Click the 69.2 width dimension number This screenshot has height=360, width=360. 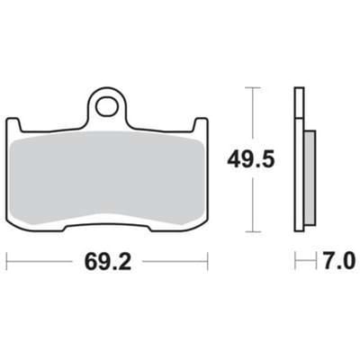(x=108, y=262)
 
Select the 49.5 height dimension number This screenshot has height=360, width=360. (x=251, y=159)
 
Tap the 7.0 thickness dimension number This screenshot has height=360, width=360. (x=339, y=262)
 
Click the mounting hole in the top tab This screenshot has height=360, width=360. (x=107, y=106)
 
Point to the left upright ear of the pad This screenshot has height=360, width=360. (x=13, y=124)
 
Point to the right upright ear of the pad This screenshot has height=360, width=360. (x=200, y=124)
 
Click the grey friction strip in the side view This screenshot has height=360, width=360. (x=310, y=178)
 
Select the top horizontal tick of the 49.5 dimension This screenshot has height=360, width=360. (x=253, y=87)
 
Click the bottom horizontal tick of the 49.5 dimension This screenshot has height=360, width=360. (x=253, y=231)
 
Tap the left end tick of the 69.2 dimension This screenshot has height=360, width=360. (x=7, y=262)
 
